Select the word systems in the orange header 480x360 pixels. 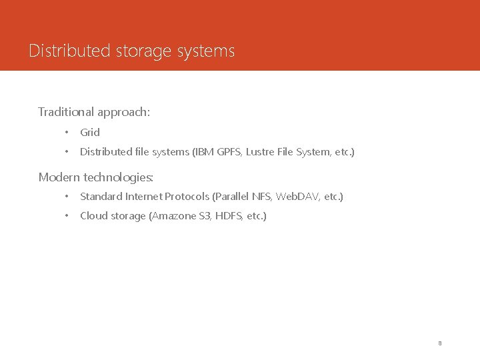click(207, 51)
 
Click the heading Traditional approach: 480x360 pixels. click(94, 112)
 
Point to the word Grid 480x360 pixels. click(90, 132)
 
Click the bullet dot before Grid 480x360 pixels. click(67, 132)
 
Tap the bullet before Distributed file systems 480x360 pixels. click(67, 152)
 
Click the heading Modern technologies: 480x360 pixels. click(96, 177)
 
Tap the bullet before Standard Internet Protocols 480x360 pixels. click(67, 197)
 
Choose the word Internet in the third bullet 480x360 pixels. click(143, 197)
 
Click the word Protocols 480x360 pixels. click(187, 197)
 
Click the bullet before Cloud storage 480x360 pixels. click(67, 216)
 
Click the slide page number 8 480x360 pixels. click(440, 343)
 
